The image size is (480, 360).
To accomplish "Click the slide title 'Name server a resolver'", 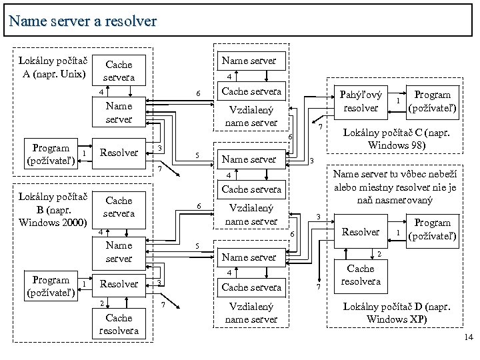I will [83, 21].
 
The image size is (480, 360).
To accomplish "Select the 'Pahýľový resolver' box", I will [361, 101].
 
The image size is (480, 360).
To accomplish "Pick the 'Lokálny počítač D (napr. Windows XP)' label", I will [397, 313].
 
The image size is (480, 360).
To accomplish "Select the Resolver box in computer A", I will [119, 152].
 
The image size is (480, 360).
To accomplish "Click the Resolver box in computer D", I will [361, 232].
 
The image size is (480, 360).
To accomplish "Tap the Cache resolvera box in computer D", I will [361, 275].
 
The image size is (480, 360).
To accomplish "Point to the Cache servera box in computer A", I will [119, 71].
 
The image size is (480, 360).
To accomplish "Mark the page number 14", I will [467, 339].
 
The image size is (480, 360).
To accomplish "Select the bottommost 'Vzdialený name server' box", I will [251, 313].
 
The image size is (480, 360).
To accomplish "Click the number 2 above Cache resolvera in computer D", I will [379, 254].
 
